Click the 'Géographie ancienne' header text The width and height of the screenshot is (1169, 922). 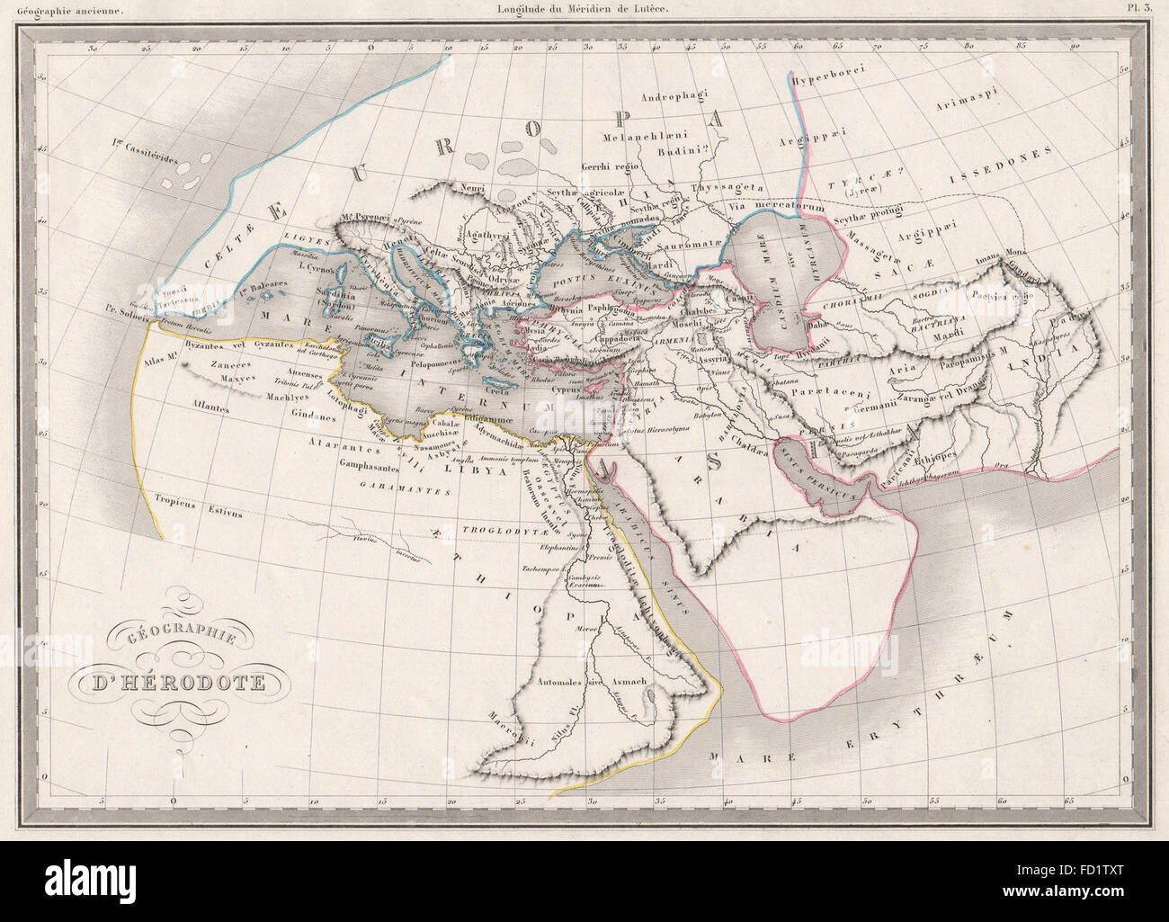pyautogui.click(x=61, y=11)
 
